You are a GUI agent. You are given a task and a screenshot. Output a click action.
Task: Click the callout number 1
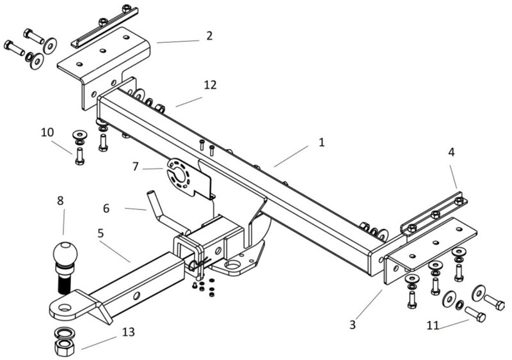[321, 142]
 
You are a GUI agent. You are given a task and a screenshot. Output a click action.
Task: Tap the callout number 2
[209, 36]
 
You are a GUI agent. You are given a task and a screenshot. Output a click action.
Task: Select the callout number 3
[352, 324]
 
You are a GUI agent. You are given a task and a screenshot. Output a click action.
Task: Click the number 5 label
[101, 234]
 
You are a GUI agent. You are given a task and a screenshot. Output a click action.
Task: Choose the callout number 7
[136, 166]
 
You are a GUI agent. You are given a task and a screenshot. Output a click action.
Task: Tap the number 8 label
[60, 200]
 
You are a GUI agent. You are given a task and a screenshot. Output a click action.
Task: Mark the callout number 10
[47, 132]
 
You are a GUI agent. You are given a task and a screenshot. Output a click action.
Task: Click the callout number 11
[433, 325]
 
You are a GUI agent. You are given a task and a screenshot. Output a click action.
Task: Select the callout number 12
[211, 84]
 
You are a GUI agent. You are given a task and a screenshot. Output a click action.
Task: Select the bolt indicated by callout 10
[79, 155]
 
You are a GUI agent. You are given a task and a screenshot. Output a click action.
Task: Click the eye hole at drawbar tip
[63, 308]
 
